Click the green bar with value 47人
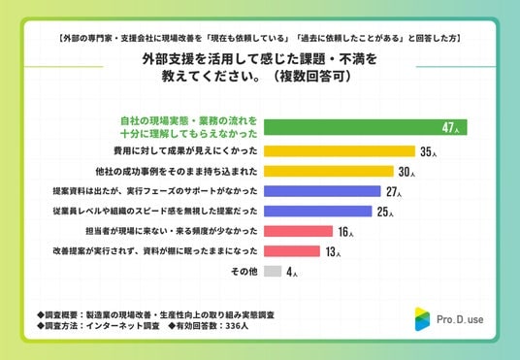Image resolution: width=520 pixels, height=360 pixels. [x=366, y=127]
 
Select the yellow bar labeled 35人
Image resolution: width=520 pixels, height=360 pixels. [x=340, y=151]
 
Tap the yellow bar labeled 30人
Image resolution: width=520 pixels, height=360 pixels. [x=329, y=171]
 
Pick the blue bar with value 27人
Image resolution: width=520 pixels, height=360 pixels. [x=322, y=191]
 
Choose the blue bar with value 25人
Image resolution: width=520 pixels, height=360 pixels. [x=318, y=211]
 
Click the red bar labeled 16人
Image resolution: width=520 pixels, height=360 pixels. [x=298, y=231]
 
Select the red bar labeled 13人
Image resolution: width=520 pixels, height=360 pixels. [x=292, y=251]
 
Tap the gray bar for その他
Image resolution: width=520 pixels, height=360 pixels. [x=273, y=271]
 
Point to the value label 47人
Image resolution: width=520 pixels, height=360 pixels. [x=451, y=127]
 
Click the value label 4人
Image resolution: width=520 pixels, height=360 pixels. [x=292, y=272]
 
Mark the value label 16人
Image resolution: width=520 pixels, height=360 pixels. [x=346, y=232]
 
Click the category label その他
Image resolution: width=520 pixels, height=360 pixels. [x=244, y=272]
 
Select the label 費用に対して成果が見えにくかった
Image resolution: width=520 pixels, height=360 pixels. [x=185, y=151]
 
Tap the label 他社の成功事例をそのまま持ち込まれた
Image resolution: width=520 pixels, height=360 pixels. [x=177, y=171]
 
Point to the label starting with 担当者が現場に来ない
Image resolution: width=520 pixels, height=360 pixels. [x=172, y=231]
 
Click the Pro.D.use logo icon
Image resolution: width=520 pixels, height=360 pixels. [x=422, y=319]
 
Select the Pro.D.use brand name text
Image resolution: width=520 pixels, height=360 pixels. [x=460, y=319]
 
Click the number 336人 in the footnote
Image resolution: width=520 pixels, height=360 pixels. [x=237, y=326]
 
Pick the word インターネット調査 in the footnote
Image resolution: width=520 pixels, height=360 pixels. [x=123, y=326]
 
